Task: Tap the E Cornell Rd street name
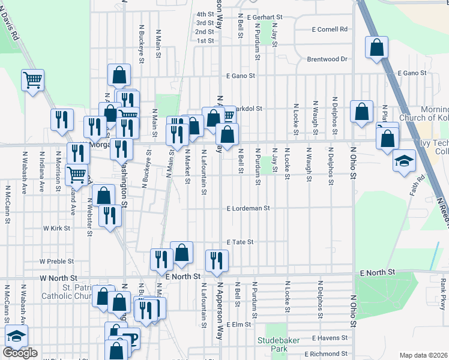(x=330, y=29)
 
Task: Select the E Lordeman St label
(x=249, y=208)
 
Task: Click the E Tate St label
(x=240, y=242)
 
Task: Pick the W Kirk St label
(x=56, y=229)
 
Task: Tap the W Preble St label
(x=56, y=262)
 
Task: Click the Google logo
(x=20, y=353)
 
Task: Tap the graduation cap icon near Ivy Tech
(x=404, y=161)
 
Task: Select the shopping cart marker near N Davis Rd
(x=32, y=79)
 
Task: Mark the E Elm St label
(x=238, y=325)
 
